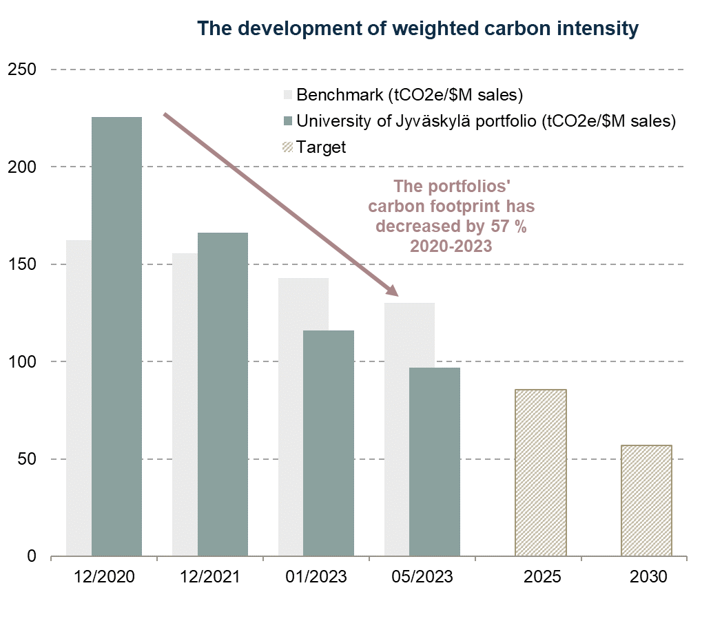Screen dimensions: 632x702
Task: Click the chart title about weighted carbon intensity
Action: click(417, 29)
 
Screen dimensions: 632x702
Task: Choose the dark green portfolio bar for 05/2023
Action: click(435, 461)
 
